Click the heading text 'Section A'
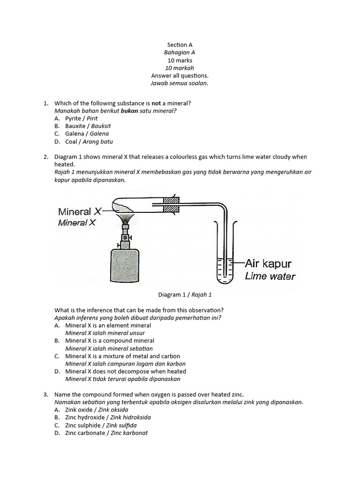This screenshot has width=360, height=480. point(180,45)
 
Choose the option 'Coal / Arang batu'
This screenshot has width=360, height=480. point(89,142)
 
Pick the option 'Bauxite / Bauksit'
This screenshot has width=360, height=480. point(88,126)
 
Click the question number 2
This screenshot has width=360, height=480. point(45,157)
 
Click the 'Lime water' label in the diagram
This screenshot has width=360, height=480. point(270,276)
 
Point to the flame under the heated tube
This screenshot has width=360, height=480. point(126,218)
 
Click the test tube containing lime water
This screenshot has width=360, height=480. point(225,262)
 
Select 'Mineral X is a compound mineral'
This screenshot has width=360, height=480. point(110,341)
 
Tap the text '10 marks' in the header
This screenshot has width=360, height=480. point(180,60)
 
